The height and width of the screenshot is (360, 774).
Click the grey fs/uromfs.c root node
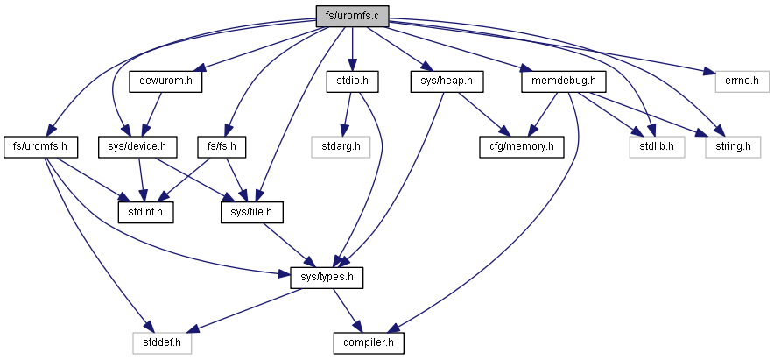(353, 16)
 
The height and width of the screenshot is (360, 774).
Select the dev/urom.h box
(165, 81)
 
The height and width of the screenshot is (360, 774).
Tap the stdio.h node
(352, 81)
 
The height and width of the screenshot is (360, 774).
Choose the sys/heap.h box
(447, 81)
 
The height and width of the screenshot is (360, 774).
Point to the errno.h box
(742, 81)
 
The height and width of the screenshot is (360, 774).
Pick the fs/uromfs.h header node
(41, 147)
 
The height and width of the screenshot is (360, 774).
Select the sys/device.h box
(137, 147)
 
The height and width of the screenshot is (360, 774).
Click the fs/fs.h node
(222, 147)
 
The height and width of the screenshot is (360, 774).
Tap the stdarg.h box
(341, 147)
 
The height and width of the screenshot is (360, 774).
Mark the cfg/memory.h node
(522, 147)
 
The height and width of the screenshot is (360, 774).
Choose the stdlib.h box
(657, 147)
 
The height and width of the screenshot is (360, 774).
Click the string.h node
(733, 147)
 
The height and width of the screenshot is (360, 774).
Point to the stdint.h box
(145, 212)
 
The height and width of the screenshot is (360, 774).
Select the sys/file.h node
(252, 212)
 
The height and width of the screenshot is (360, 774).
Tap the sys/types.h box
(327, 278)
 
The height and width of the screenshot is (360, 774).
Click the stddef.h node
(162, 343)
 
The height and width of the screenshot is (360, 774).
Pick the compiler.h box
(369, 343)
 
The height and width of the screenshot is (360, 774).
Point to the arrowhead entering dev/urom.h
(198, 69)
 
